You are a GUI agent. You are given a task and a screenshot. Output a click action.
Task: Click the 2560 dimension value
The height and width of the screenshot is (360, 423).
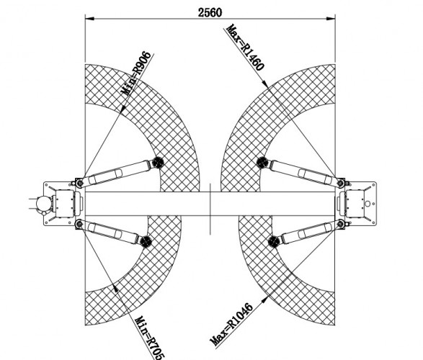[x=210, y=12]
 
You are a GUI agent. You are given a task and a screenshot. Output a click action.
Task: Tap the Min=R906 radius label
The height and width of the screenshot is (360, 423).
[x=138, y=73]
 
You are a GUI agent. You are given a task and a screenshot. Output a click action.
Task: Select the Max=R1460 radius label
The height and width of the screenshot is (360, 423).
[x=245, y=48]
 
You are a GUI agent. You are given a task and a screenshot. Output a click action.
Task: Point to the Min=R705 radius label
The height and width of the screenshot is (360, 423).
[x=149, y=338]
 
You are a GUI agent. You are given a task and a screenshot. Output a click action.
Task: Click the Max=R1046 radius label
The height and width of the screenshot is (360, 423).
[x=231, y=325]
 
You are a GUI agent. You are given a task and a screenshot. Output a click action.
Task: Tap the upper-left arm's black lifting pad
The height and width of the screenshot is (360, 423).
[x=158, y=162]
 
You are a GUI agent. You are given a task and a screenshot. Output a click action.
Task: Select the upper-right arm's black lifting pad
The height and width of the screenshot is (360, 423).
[x=262, y=163]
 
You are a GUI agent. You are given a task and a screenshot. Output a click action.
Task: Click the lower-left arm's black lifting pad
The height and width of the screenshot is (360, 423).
[x=146, y=241]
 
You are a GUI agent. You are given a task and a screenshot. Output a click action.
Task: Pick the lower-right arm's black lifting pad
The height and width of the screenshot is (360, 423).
[x=274, y=241]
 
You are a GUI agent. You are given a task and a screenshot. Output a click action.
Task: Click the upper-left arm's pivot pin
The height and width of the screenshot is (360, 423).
[x=79, y=183]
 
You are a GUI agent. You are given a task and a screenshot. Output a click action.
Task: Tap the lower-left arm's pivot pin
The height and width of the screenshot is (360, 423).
[x=79, y=224]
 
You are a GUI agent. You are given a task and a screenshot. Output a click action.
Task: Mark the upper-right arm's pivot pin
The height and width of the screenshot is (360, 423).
[x=341, y=184]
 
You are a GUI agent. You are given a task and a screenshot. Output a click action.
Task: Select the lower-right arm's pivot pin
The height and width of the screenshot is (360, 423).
[x=341, y=223]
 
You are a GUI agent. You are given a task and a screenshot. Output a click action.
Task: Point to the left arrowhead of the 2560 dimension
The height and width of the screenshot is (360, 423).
[x=89, y=19]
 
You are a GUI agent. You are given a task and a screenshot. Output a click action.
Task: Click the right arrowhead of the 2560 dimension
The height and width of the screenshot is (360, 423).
[x=331, y=19]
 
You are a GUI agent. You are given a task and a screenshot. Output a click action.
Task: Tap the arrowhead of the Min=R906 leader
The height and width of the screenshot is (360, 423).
[x=123, y=109]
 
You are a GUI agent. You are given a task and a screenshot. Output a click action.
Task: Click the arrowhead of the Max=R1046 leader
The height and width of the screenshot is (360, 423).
[x=265, y=299]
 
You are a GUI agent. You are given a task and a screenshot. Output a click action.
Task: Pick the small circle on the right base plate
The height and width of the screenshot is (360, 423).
[x=368, y=204]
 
